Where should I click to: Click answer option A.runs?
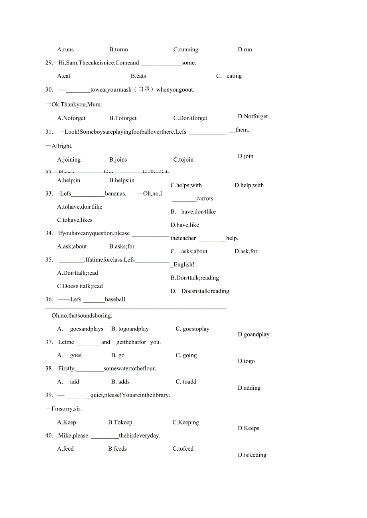[65, 50]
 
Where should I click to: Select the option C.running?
[185, 50]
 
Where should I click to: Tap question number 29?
[49, 63]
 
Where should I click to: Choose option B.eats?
[138, 76]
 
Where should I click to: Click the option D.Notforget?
[253, 117]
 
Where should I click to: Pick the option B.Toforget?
[123, 118]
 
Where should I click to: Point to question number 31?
[49, 132]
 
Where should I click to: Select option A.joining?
[69, 160]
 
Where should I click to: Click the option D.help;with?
[249, 185]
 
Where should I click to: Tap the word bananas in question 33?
[115, 194]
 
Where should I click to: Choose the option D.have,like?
[185, 225]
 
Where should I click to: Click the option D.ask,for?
[246, 251]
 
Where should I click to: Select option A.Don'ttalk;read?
[78, 273]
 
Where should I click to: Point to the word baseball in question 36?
[116, 299]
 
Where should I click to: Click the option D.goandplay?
[253, 334]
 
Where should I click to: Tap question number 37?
[49, 342]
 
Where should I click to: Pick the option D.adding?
[249, 388]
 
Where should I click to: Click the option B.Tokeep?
[120, 422]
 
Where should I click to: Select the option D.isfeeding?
[252, 455]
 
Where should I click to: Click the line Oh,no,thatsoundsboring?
[82, 316]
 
